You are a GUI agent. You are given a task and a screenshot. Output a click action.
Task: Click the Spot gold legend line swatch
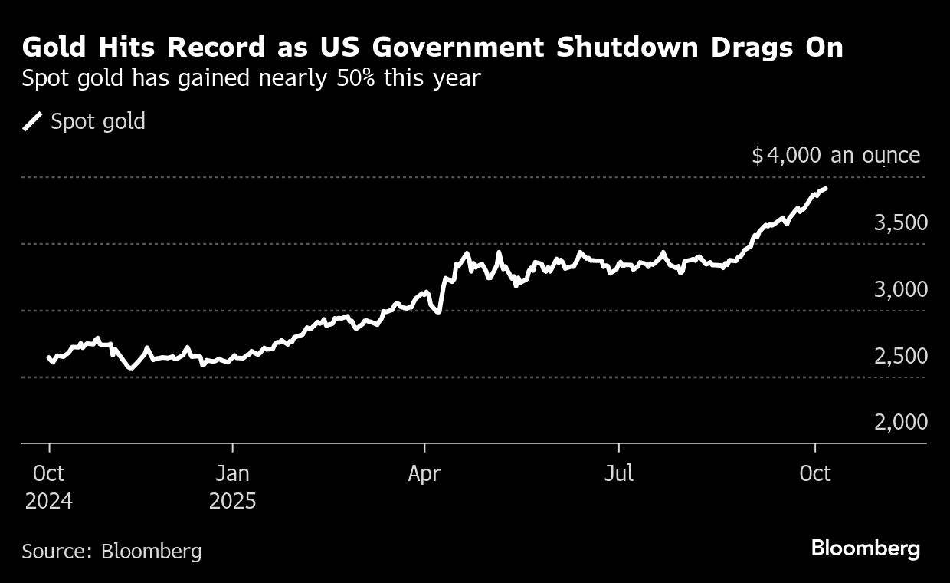point(33,121)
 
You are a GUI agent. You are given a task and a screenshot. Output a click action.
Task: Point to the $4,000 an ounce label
point(836,156)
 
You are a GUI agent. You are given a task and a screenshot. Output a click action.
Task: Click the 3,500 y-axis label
point(900,223)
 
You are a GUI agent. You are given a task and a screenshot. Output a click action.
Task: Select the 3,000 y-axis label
point(900,290)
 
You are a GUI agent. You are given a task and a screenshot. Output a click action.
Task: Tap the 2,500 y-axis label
point(900,357)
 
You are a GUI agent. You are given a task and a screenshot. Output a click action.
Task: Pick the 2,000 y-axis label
point(900,423)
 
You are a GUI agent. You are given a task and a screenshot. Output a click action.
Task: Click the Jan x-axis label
point(232,473)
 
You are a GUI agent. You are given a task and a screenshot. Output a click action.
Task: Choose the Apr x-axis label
point(424,473)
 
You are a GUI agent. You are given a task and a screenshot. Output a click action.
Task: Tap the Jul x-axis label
point(618,473)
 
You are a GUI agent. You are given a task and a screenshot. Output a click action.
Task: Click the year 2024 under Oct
point(49,502)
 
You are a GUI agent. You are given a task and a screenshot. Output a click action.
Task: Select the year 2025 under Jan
point(232,502)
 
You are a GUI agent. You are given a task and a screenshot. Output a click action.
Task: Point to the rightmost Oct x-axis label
point(815,473)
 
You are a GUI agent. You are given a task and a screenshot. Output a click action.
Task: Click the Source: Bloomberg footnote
point(112,551)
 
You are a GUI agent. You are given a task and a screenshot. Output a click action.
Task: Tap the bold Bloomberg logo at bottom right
point(866,548)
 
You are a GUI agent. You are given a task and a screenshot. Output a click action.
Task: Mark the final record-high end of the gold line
point(825,188)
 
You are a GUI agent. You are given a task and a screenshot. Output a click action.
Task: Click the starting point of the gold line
point(49,357)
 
